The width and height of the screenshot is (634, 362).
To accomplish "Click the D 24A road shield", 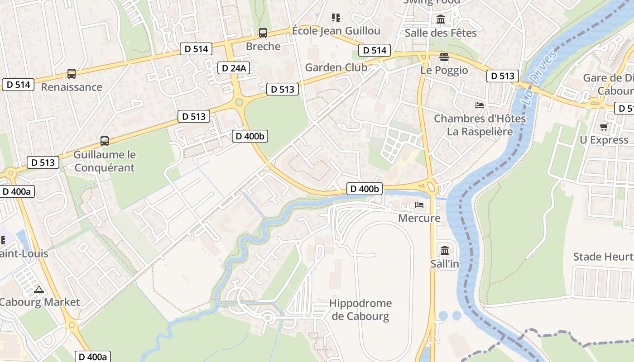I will pyautogui.click(x=234, y=68).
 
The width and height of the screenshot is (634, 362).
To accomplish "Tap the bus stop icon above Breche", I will pyautogui.click(x=263, y=33).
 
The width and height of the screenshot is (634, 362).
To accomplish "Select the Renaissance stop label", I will pyautogui.click(x=72, y=87).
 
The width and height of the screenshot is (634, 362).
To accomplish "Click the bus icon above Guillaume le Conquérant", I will pyautogui.click(x=105, y=141).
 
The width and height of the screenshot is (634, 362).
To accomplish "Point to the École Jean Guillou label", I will pyautogui.click(x=336, y=31).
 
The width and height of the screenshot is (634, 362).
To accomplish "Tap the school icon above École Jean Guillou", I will pyautogui.click(x=336, y=18).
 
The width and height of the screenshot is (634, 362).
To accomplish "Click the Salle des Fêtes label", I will pyautogui.click(x=441, y=33).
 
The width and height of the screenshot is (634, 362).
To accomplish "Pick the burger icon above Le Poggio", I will pyautogui.click(x=444, y=57).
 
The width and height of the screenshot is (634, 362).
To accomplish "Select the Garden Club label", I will pyautogui.click(x=336, y=67).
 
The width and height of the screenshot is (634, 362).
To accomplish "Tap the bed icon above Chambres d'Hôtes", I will pyautogui.click(x=480, y=105).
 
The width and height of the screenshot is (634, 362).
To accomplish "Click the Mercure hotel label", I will pyautogui.click(x=419, y=218).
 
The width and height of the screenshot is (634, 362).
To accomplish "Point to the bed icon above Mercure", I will pyautogui.click(x=419, y=205).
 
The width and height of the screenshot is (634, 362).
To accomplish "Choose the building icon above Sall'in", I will pyautogui.click(x=444, y=250).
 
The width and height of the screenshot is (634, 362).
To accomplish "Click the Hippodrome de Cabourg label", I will pyautogui.click(x=360, y=310).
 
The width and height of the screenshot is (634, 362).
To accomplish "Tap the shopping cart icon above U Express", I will pyautogui.click(x=604, y=127).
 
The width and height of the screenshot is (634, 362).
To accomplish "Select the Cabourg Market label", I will pyautogui.click(x=40, y=302).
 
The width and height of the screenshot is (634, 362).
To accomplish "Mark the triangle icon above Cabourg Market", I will pyautogui.click(x=38, y=289).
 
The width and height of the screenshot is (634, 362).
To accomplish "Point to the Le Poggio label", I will pyautogui.click(x=444, y=70).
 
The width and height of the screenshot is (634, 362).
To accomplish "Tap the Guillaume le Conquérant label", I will pyautogui.click(x=104, y=161).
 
